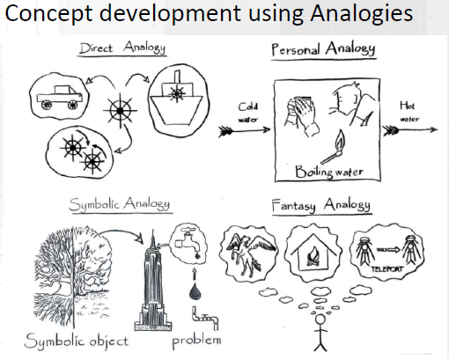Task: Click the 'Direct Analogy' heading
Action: [x=122, y=48]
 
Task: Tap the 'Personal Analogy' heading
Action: [x=323, y=49]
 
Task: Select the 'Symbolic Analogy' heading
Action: [x=120, y=203]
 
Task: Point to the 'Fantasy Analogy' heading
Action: [x=320, y=205]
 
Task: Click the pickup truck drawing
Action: [x=60, y=97]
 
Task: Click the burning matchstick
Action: [x=333, y=147]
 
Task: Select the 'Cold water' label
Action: [x=248, y=113]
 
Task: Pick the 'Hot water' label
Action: [x=409, y=112]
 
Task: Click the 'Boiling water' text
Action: [x=328, y=171]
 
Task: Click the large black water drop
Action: [x=195, y=291]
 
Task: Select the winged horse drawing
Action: [x=251, y=252]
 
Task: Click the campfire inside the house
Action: [x=313, y=257]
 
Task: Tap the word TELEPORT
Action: [x=386, y=268]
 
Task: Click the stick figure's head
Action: [x=320, y=320]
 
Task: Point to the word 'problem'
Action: [x=196, y=341]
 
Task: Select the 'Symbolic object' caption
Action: [x=77, y=342]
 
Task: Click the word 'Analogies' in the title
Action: [x=361, y=14]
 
